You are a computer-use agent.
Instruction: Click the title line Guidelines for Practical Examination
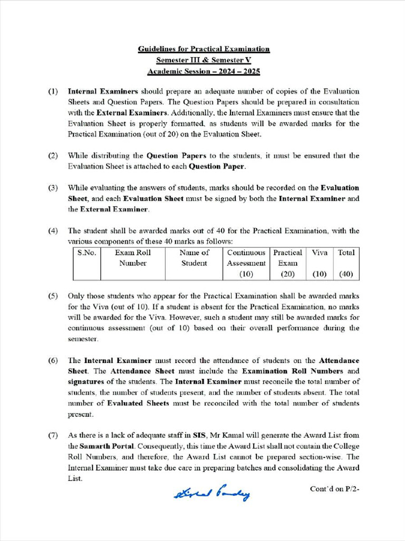204,49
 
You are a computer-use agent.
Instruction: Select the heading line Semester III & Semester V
204,60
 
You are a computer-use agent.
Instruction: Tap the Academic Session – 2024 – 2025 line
204,71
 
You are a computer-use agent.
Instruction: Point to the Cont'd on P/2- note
334,489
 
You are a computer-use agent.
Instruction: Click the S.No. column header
86,253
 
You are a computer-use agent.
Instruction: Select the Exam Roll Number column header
133,258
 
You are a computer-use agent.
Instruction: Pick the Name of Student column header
194,258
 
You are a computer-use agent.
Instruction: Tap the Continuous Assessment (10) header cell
246,263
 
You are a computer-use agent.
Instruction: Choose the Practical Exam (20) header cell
287,263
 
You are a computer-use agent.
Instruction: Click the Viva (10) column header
320,263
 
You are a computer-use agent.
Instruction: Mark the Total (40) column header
346,263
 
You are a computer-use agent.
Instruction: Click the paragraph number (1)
53,92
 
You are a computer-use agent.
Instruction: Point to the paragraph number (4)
53,231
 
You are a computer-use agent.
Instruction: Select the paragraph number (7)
53,435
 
